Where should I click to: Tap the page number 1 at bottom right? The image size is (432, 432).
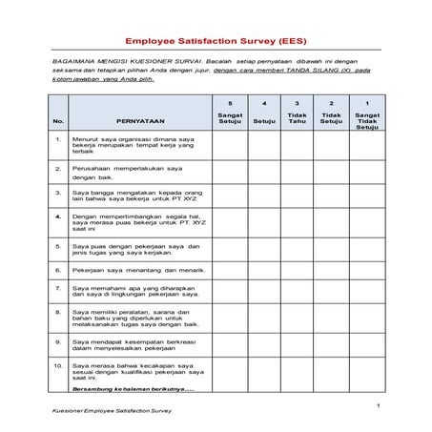click(378, 405)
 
